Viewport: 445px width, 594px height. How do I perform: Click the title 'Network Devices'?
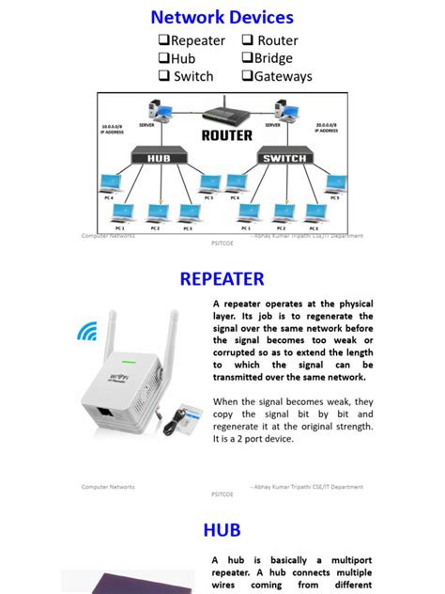tap(222, 17)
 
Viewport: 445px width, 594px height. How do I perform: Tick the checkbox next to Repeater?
tap(162, 40)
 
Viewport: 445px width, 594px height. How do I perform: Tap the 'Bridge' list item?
tap(273, 58)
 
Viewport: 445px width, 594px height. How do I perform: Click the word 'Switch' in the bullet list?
tap(193, 76)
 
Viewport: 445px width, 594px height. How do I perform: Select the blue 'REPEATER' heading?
tap(222, 279)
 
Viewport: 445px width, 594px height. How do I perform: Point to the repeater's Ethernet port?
tap(101, 414)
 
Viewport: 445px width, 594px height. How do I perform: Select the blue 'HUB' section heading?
tap(222, 530)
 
